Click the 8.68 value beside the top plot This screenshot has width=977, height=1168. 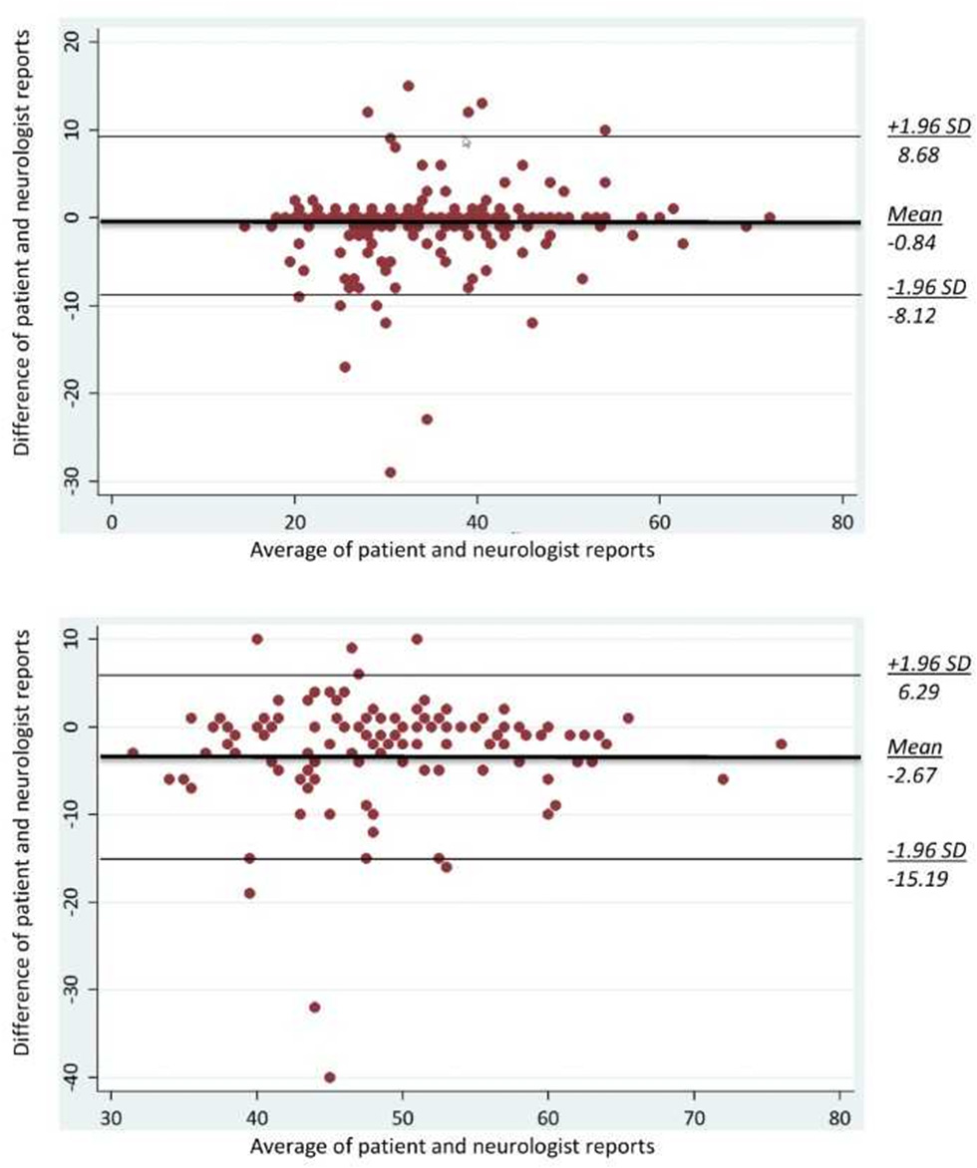click(913, 156)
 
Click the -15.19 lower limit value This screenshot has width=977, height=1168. click(915, 881)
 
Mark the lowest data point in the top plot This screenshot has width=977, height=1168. click(390, 472)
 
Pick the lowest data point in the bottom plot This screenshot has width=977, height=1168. click(330, 1077)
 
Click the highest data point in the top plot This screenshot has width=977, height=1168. click(408, 86)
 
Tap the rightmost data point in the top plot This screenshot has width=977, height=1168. click(770, 217)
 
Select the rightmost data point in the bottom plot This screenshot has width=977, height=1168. click(782, 744)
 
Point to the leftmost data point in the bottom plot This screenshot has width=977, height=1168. click(133, 753)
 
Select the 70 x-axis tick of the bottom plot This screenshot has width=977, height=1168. click(694, 1120)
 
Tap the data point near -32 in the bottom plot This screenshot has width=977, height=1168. click(315, 1008)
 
